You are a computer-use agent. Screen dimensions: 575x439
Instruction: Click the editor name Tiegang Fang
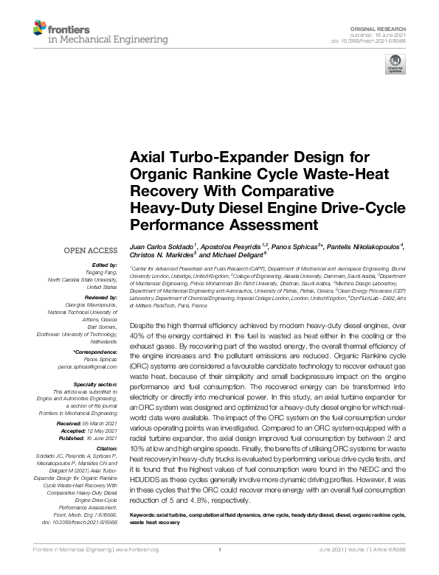tap(99, 272)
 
